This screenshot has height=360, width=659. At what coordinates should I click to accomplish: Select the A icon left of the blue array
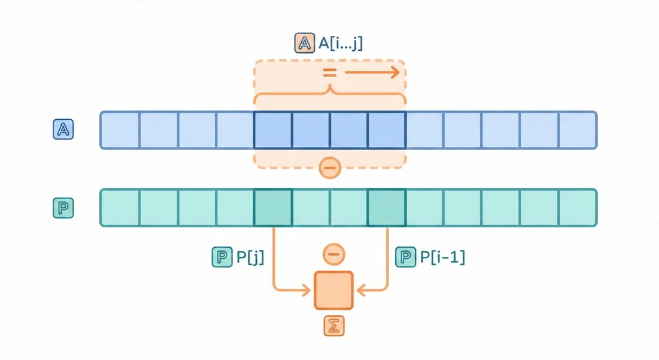point(63,130)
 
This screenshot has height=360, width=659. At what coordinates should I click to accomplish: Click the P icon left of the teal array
point(63,208)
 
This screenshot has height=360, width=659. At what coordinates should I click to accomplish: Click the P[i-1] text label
point(442,258)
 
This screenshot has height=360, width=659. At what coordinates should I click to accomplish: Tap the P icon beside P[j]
point(221,258)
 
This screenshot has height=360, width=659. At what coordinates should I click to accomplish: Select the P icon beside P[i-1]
point(405,258)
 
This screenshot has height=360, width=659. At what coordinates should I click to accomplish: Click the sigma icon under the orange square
point(333,326)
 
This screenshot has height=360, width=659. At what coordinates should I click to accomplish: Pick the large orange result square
point(333,290)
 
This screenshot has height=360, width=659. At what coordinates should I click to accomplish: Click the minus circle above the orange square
point(333,255)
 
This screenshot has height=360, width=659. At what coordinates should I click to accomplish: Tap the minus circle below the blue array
point(329,168)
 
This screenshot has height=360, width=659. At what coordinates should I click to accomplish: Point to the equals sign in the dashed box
point(329,73)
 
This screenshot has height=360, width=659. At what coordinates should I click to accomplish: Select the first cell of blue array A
point(120,130)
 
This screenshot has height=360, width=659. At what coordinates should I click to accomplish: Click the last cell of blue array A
point(577,130)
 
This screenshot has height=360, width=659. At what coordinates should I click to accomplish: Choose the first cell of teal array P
point(120,207)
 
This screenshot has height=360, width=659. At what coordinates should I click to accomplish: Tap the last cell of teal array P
point(577,207)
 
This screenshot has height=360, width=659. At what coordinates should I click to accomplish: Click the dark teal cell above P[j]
point(273,207)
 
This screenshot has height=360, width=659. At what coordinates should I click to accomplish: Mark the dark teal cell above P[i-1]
point(387,207)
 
